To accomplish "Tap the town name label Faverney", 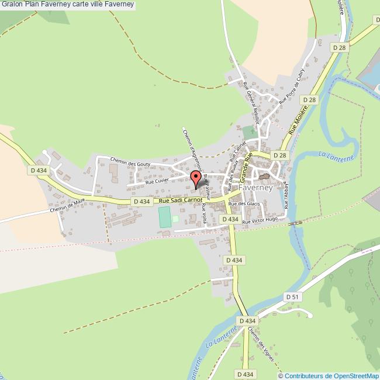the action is click(255, 189).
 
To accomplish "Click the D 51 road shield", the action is click(293, 297).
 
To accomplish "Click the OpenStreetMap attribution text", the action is click(331, 375).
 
